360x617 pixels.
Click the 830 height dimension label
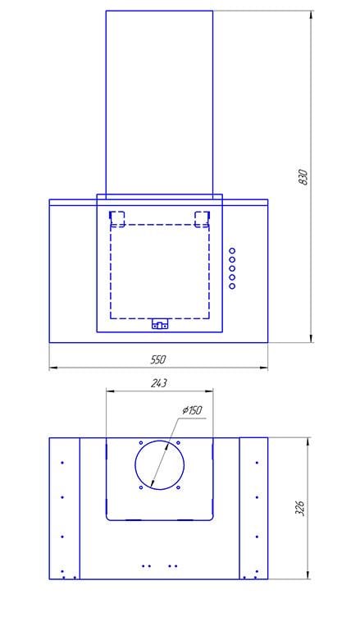[x=303, y=177]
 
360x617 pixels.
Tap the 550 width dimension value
[x=158, y=359]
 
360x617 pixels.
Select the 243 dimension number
[x=159, y=383]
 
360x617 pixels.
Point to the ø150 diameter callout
[x=192, y=410]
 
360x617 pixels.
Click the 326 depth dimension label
[x=300, y=509]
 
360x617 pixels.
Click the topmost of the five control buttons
[x=232, y=251]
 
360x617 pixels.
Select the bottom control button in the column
[x=232, y=286]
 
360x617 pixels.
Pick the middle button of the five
[x=232, y=268]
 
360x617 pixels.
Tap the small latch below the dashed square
[x=160, y=324]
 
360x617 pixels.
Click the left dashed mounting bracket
[x=117, y=219]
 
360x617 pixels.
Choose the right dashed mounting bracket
[x=203, y=219]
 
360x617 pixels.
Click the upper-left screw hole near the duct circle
[x=141, y=443]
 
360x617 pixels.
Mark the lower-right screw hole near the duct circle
[x=178, y=488]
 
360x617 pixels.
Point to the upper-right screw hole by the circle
[x=178, y=443]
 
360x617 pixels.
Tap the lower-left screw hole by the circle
[x=141, y=488]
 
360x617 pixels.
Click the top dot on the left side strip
[x=62, y=463]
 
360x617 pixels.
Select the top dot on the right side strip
[x=257, y=463]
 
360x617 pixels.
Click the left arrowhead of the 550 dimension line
[x=53, y=368]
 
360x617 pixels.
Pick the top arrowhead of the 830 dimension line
[x=312, y=15]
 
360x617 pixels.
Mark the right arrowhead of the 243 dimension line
[x=209, y=391]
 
